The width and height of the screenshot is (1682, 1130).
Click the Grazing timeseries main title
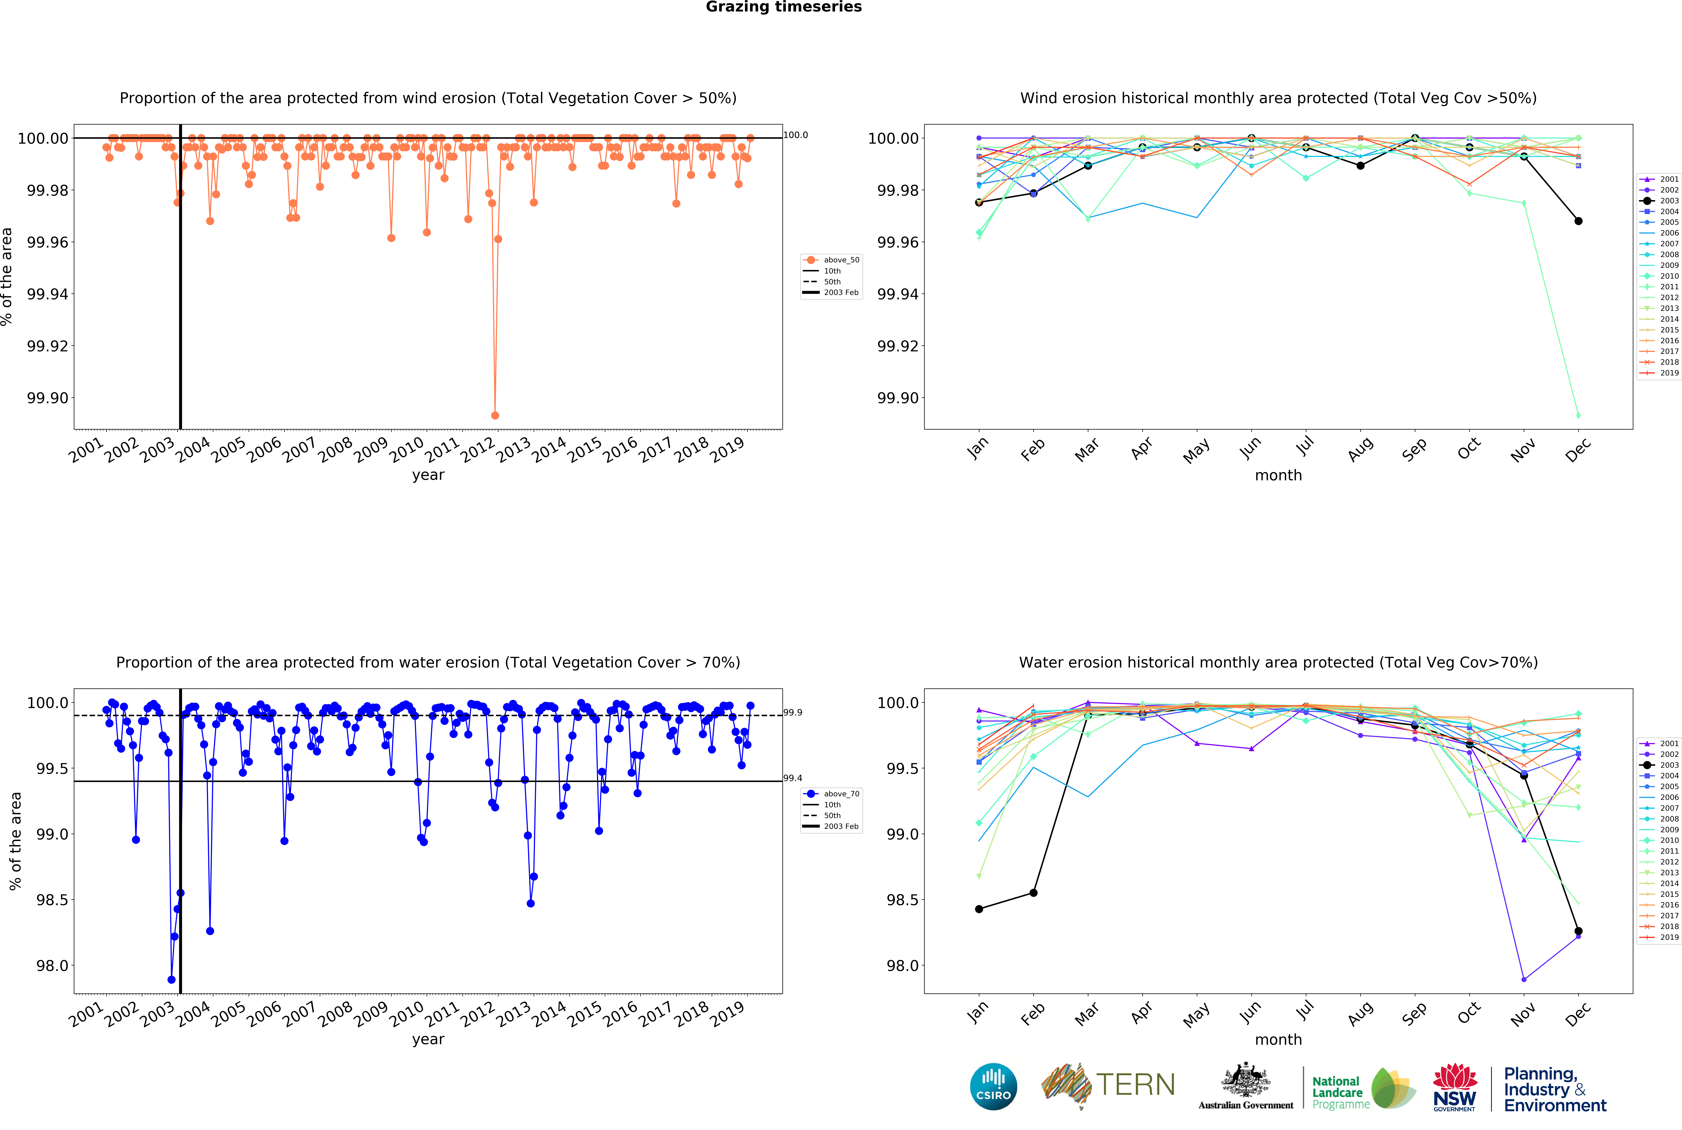[783, 7]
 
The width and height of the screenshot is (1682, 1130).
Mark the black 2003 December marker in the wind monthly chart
[1578, 221]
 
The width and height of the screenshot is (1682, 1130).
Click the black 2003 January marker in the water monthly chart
[979, 909]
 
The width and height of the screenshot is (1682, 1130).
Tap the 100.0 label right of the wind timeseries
[796, 135]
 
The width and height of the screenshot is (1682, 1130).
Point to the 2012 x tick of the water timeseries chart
[478, 1015]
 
